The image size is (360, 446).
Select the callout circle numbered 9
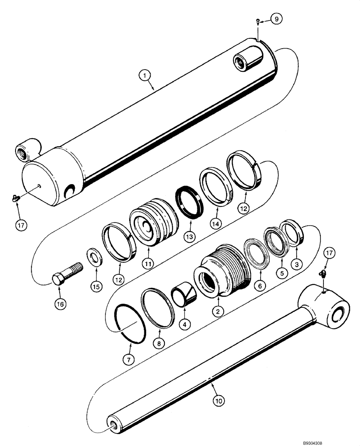pos(276,19)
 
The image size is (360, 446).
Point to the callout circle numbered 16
pos(60,304)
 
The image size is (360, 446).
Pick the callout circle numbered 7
pos(127,359)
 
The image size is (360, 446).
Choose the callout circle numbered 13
pos(190,236)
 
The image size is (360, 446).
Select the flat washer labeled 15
pos(95,258)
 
